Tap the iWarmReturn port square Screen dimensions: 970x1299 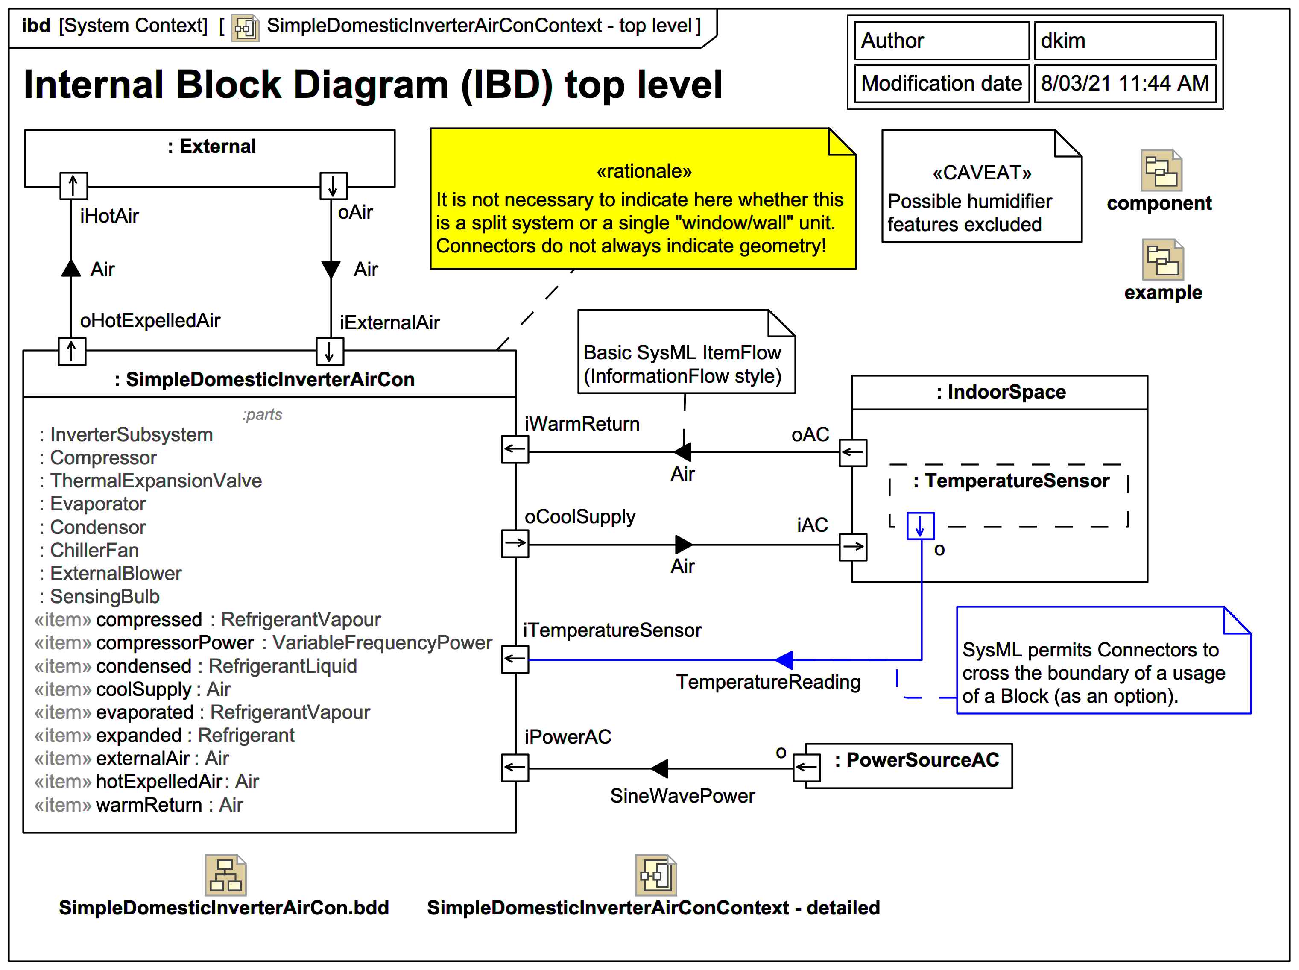515,449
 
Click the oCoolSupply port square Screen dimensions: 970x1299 515,543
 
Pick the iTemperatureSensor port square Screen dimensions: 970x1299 515,659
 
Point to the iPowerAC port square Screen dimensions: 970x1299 515,768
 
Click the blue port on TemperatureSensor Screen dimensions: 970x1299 920,525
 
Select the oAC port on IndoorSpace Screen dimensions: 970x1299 852,452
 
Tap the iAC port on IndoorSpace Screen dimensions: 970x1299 852,547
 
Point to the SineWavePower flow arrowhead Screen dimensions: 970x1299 660,768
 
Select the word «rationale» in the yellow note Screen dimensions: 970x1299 644,171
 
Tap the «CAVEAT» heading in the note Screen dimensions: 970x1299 981,173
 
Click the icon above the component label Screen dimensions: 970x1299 1161,170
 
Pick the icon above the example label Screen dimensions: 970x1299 1162,260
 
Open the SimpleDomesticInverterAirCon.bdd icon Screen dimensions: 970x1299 225,875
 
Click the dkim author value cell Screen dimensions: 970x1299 1124,41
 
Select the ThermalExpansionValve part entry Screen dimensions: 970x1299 155,481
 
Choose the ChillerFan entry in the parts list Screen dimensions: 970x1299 94,550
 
